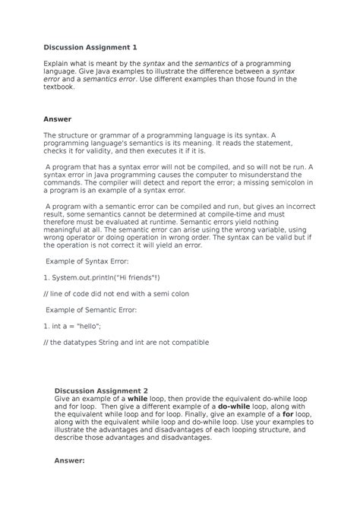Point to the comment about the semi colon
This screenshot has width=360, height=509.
(118, 293)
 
